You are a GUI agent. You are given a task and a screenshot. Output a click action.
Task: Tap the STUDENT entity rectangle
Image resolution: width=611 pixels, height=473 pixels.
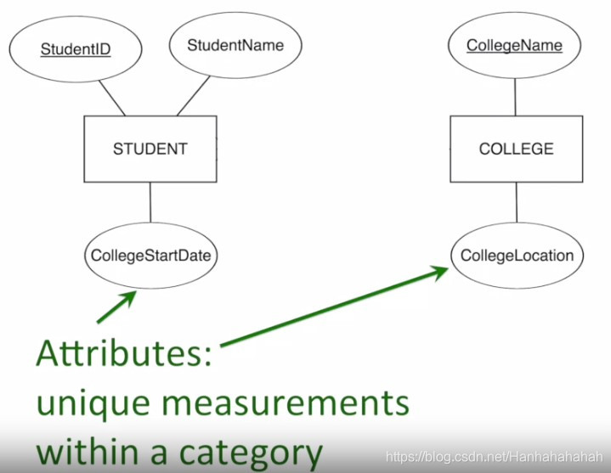click(150, 149)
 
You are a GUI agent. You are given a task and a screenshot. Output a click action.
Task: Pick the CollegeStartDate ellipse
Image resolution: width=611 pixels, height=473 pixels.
click(150, 255)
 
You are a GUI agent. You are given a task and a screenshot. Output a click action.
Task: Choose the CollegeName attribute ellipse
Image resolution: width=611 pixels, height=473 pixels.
click(515, 45)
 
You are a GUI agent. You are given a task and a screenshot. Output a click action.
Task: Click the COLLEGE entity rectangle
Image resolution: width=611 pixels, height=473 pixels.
click(516, 149)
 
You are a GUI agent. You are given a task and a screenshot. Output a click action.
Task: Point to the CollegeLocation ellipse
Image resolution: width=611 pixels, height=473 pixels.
click(517, 255)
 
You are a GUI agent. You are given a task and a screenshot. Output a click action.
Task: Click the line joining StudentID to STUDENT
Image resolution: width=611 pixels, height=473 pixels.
click(110, 98)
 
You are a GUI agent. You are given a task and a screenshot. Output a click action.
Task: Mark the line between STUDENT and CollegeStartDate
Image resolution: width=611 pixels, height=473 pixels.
click(150, 203)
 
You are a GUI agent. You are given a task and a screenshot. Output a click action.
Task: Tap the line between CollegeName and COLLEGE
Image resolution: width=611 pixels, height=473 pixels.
click(516, 95)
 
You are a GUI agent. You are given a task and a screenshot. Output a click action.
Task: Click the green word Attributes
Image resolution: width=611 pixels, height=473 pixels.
click(122, 355)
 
